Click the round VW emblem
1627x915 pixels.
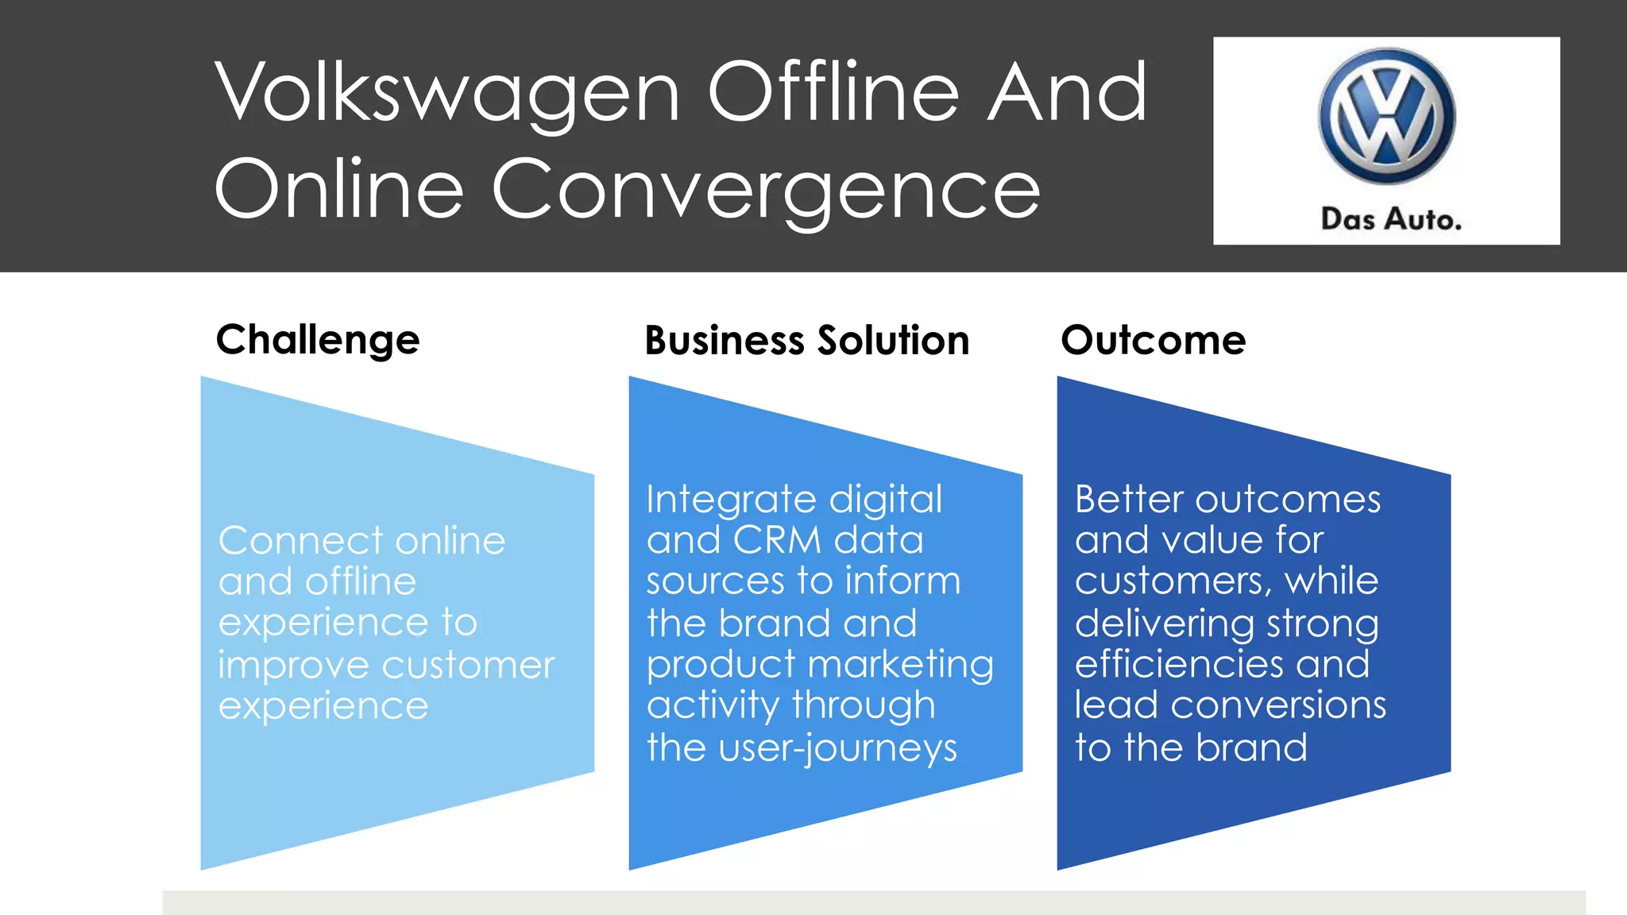[x=1387, y=116]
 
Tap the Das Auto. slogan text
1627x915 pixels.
[x=1391, y=219]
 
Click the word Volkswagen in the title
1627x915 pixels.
[x=447, y=93]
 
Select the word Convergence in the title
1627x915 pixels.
[x=766, y=191]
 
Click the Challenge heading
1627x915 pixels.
[x=318, y=341]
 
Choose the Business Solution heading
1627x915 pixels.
[x=806, y=341]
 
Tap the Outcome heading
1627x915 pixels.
[x=1153, y=341]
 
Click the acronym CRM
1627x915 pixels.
[x=776, y=541]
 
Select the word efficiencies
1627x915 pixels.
[x=1178, y=664]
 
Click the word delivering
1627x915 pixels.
[x=1163, y=624]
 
